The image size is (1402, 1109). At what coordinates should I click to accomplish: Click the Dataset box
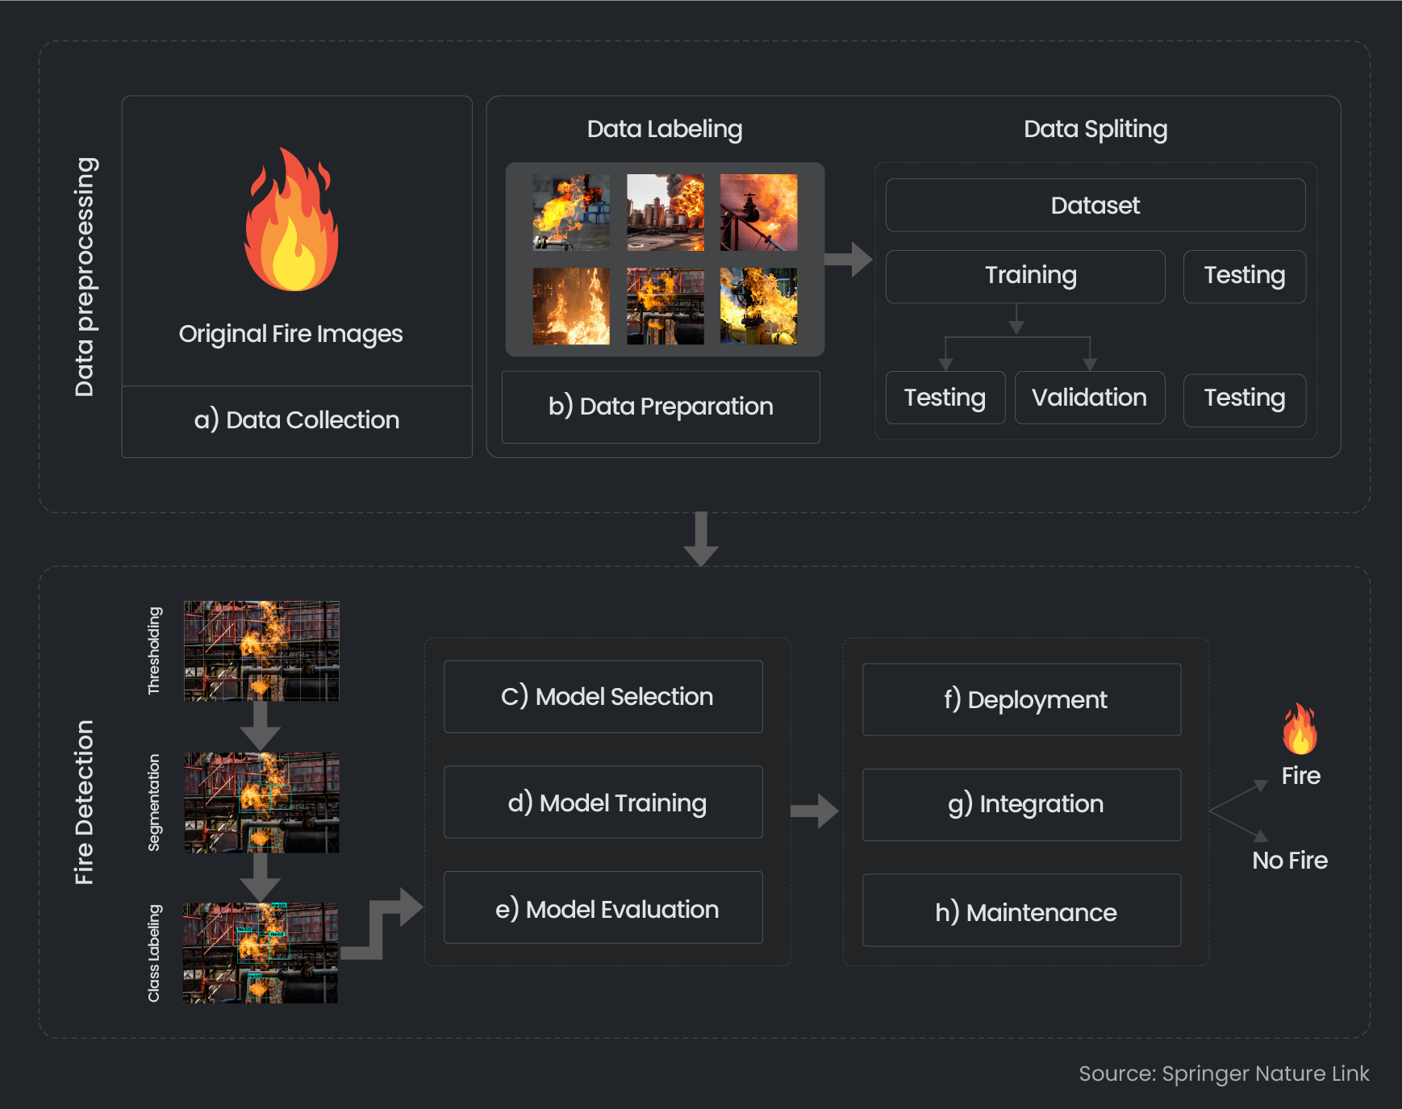coord(1095,206)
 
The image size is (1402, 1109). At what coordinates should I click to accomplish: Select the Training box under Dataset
coord(1024,276)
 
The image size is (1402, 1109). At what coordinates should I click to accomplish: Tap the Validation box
coord(1089,398)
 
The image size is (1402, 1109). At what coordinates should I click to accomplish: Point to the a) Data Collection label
coord(297,420)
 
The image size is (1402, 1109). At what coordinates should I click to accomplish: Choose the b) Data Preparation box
coord(661,406)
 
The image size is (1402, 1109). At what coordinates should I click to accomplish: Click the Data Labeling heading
coord(665,129)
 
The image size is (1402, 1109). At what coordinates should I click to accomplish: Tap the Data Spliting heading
coord(1095,129)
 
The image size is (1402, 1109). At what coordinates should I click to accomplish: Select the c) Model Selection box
coord(603,697)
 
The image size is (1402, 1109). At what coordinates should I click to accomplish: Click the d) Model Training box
coord(603,803)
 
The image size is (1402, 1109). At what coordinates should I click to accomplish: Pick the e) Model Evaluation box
coord(603,908)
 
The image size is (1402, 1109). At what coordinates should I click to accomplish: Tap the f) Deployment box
coord(1021,699)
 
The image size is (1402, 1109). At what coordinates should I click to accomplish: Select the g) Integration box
coord(1021,804)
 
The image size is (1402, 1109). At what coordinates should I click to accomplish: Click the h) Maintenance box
coord(1021,911)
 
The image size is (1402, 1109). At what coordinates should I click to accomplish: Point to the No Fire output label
coord(1289,861)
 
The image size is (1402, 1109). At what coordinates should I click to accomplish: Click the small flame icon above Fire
coord(1300,729)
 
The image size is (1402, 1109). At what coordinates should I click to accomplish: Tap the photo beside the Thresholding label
coord(261,651)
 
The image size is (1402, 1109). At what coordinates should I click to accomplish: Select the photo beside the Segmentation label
coord(261,803)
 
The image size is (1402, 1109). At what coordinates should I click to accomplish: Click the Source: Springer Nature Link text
coord(1223,1074)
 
